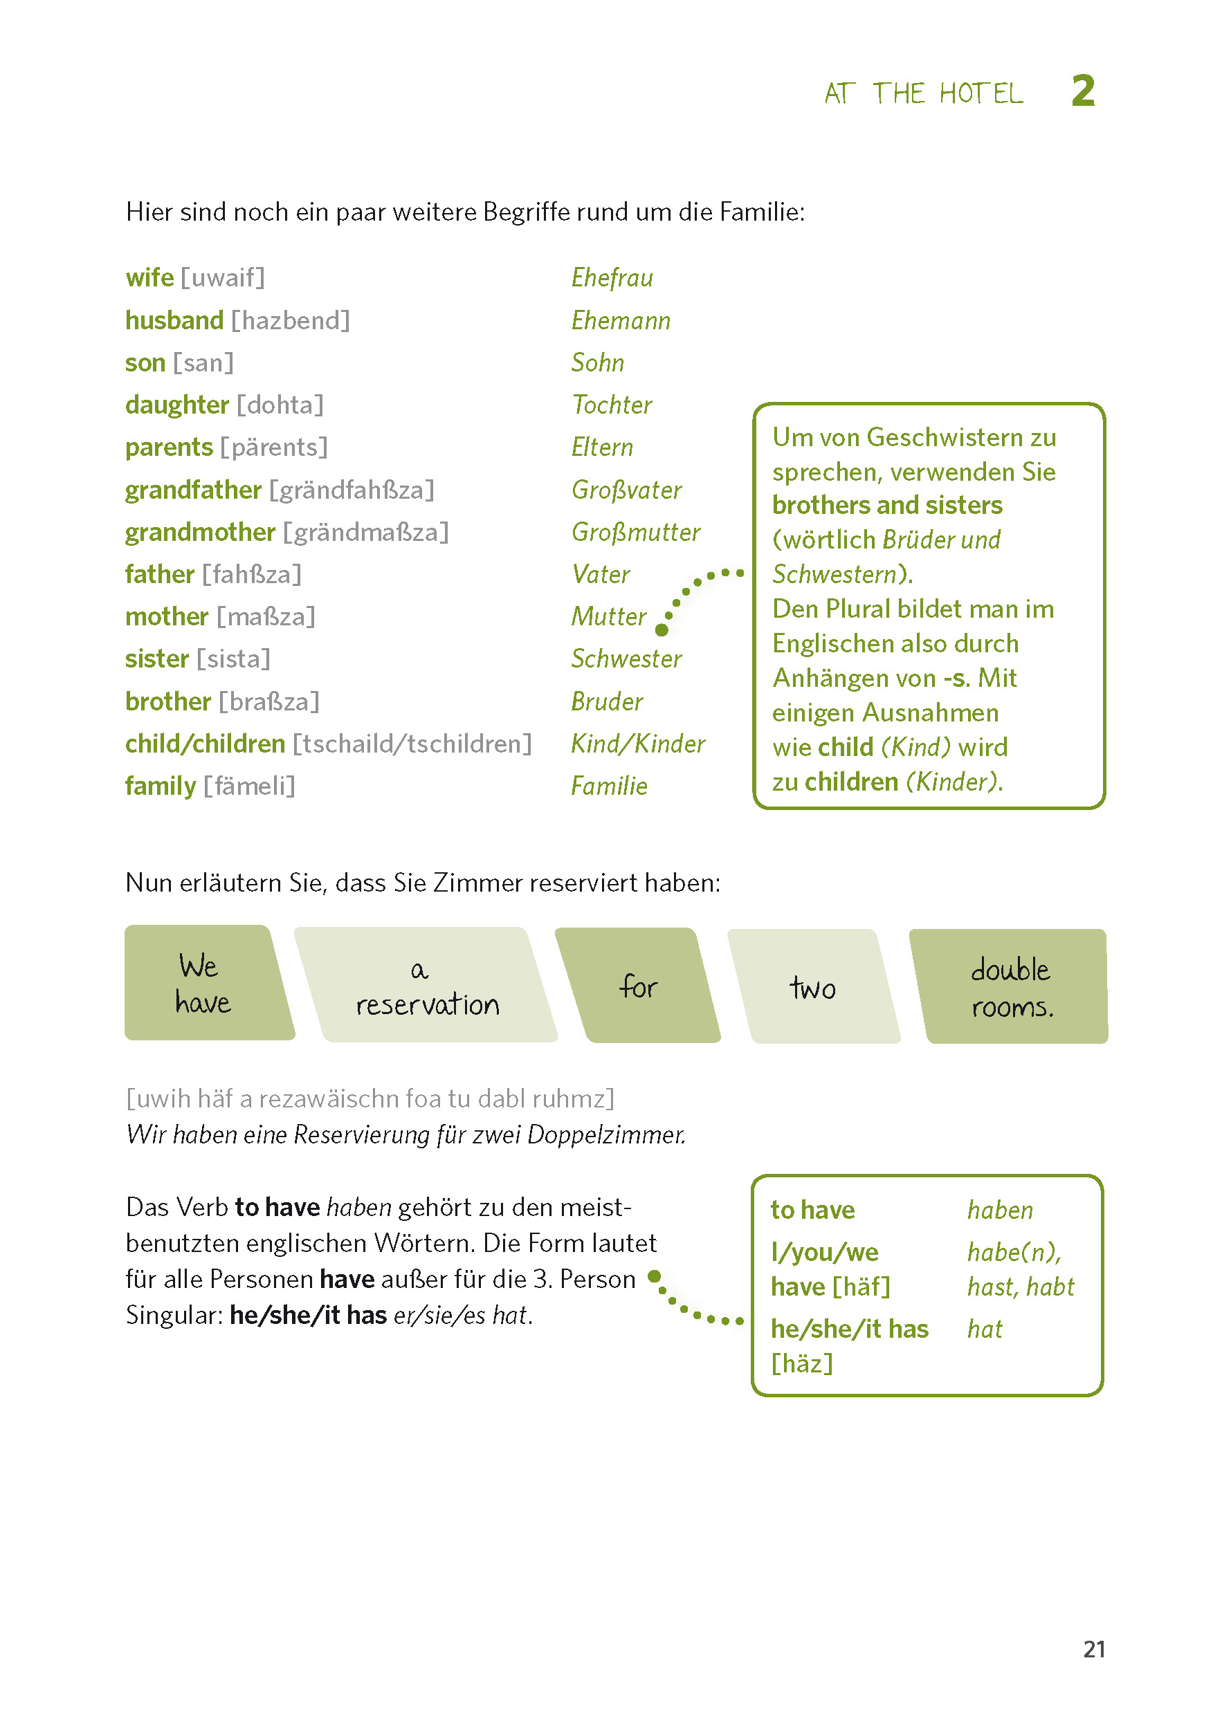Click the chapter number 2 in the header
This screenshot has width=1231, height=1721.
tap(1082, 92)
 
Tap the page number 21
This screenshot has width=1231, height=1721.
tap(1094, 1649)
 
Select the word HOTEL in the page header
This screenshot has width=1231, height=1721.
tap(981, 94)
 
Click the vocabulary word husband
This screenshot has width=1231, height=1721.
tap(174, 320)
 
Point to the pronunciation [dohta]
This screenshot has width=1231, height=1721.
tap(280, 405)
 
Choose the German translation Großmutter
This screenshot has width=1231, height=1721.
tap(635, 532)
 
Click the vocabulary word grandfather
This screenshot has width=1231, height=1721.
tap(193, 490)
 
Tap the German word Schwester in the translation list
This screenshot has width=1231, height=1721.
tap(626, 659)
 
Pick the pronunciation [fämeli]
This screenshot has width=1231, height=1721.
tap(248, 786)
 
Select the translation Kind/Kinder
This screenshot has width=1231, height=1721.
tap(637, 744)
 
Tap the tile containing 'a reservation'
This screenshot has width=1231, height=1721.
tap(426, 985)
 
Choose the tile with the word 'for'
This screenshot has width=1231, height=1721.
tap(638, 986)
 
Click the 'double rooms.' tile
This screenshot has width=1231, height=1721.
tap(1011, 986)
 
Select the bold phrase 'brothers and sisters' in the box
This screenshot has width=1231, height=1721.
tap(887, 506)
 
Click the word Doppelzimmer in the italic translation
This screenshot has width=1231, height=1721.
tap(605, 1134)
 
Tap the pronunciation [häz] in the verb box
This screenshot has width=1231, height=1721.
tap(802, 1363)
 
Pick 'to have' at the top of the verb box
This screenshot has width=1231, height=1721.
tap(812, 1211)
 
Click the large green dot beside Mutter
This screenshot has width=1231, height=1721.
tap(662, 629)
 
